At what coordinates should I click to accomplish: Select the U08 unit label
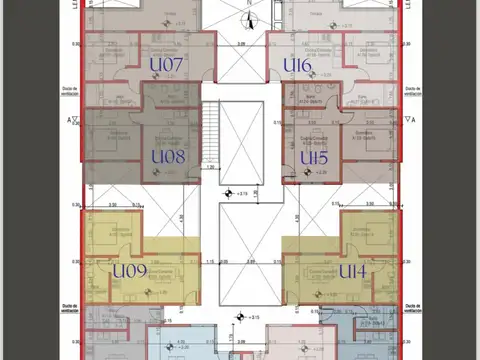(x=167, y=157)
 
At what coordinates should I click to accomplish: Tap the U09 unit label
(x=130, y=270)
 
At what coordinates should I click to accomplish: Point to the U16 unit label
(x=297, y=65)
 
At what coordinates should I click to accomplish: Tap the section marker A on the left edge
(x=71, y=119)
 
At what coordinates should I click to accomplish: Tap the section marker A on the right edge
(x=408, y=119)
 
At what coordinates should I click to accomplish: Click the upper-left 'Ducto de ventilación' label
(x=68, y=90)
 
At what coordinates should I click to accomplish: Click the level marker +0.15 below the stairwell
(x=232, y=195)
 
